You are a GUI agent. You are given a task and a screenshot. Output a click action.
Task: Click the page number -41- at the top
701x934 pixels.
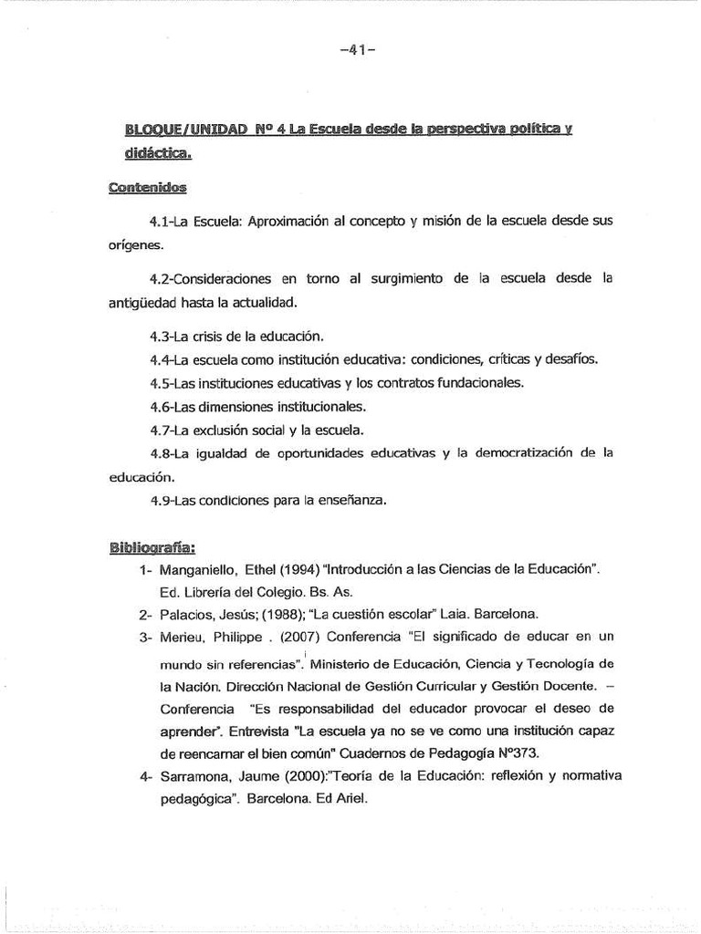(350, 51)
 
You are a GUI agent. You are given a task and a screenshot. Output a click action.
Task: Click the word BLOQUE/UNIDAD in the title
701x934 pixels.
(185, 131)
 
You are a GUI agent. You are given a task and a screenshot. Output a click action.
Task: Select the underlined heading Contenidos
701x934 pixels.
(146, 188)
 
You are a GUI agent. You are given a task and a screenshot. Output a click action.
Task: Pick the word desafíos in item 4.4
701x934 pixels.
(570, 358)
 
